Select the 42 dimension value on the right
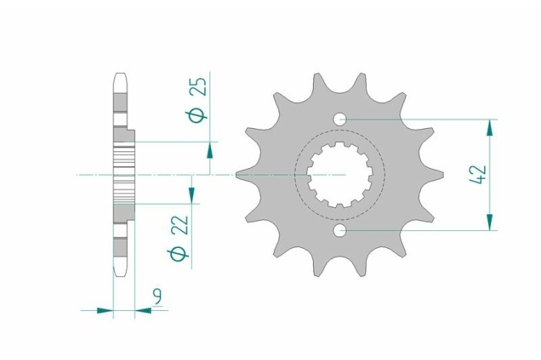478,174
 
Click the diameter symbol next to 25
198,114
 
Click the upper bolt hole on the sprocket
341,119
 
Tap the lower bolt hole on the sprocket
341,230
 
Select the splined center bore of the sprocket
340,175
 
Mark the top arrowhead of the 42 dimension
488,126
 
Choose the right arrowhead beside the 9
142,311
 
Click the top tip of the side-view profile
120,74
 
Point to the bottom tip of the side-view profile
120,276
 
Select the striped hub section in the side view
124,174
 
